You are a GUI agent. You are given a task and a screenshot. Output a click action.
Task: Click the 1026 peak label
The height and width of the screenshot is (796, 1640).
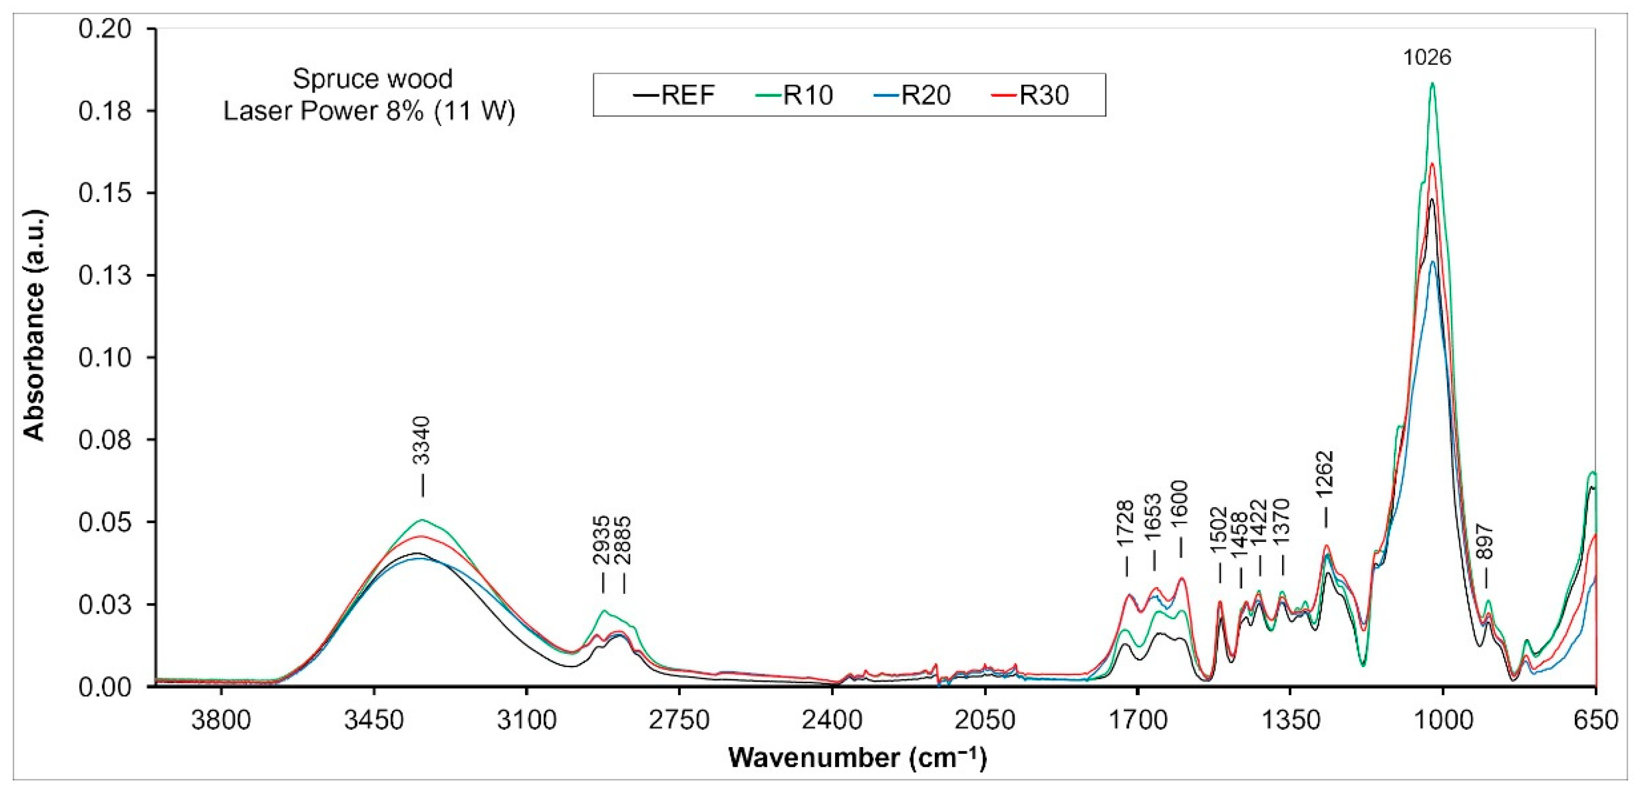[1427, 58]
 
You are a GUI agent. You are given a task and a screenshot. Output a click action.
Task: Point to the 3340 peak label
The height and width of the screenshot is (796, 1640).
[421, 440]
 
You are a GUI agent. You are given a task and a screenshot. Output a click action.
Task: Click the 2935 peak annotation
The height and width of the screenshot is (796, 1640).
[601, 540]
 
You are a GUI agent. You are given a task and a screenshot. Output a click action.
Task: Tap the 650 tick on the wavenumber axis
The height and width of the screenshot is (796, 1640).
[1595, 720]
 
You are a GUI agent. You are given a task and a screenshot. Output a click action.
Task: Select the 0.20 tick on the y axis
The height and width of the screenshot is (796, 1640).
[105, 30]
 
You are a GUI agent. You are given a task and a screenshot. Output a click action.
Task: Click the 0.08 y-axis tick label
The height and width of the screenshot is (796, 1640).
[105, 440]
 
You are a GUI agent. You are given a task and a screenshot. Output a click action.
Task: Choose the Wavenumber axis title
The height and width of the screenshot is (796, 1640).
[857, 758]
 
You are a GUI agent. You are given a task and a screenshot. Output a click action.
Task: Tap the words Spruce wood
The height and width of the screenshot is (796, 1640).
[372, 79]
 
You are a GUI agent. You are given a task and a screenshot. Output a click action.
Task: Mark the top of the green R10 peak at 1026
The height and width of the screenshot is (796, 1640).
[1432, 83]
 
